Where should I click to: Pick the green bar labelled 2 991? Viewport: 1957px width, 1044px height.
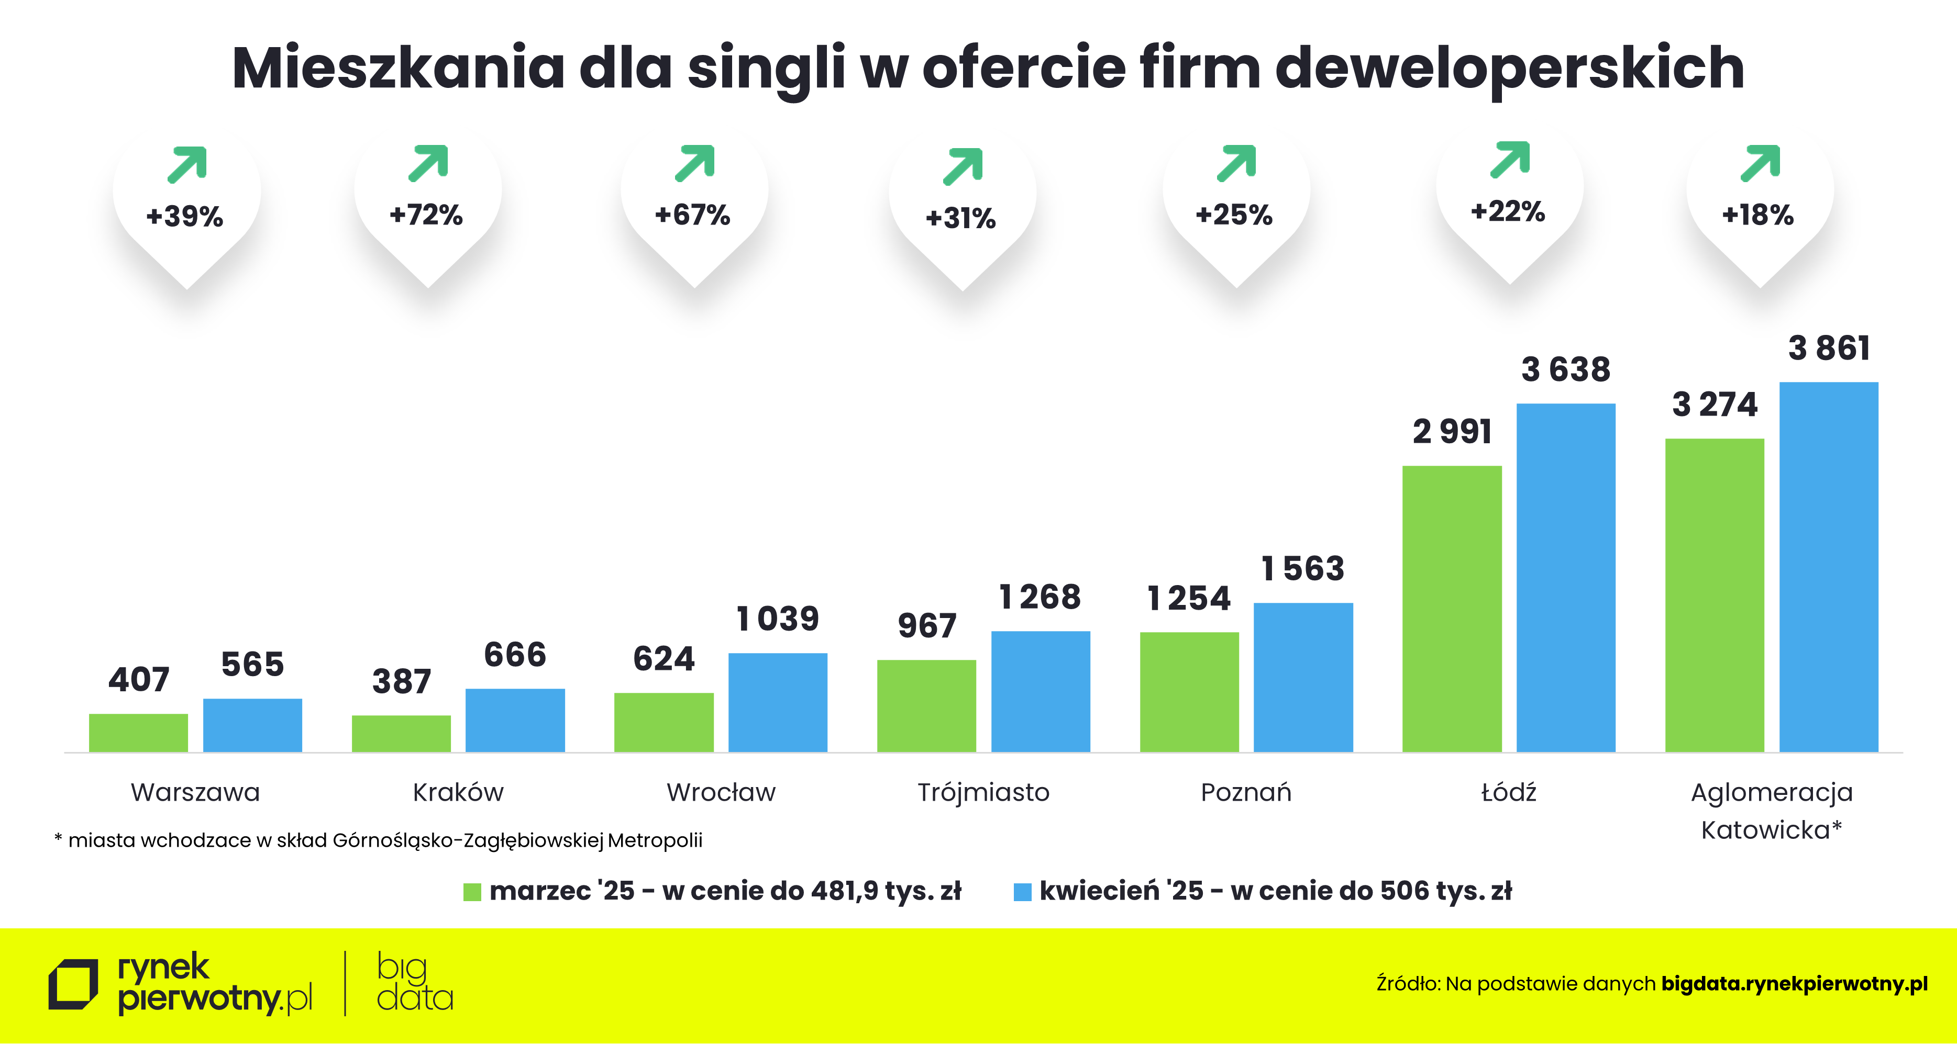1452,608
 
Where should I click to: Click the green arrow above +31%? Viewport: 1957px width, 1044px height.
963,166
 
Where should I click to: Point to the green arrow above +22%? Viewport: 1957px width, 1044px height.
1510,160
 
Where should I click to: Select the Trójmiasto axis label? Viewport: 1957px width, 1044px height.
983,792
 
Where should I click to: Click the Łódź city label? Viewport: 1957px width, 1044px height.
1509,792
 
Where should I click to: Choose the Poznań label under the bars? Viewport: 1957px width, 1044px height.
1246,792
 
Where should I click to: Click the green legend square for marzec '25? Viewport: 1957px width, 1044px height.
472,891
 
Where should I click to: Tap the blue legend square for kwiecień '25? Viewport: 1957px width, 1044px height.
1023,891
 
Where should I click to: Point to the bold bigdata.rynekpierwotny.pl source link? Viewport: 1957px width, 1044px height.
1795,984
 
